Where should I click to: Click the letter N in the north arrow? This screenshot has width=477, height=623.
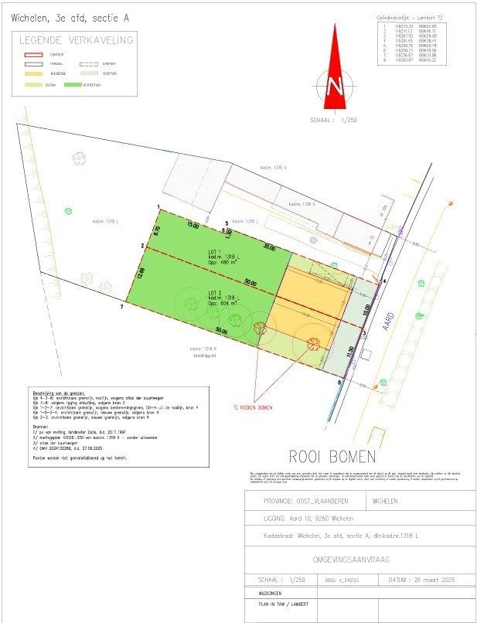point(335,86)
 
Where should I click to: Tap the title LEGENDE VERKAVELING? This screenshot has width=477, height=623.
point(78,39)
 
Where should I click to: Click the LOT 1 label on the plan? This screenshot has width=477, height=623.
point(215,252)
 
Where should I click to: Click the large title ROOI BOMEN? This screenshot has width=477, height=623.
point(332,457)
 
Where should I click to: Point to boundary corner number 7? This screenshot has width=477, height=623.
point(121,308)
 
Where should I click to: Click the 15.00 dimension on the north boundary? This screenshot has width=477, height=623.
point(191,225)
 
